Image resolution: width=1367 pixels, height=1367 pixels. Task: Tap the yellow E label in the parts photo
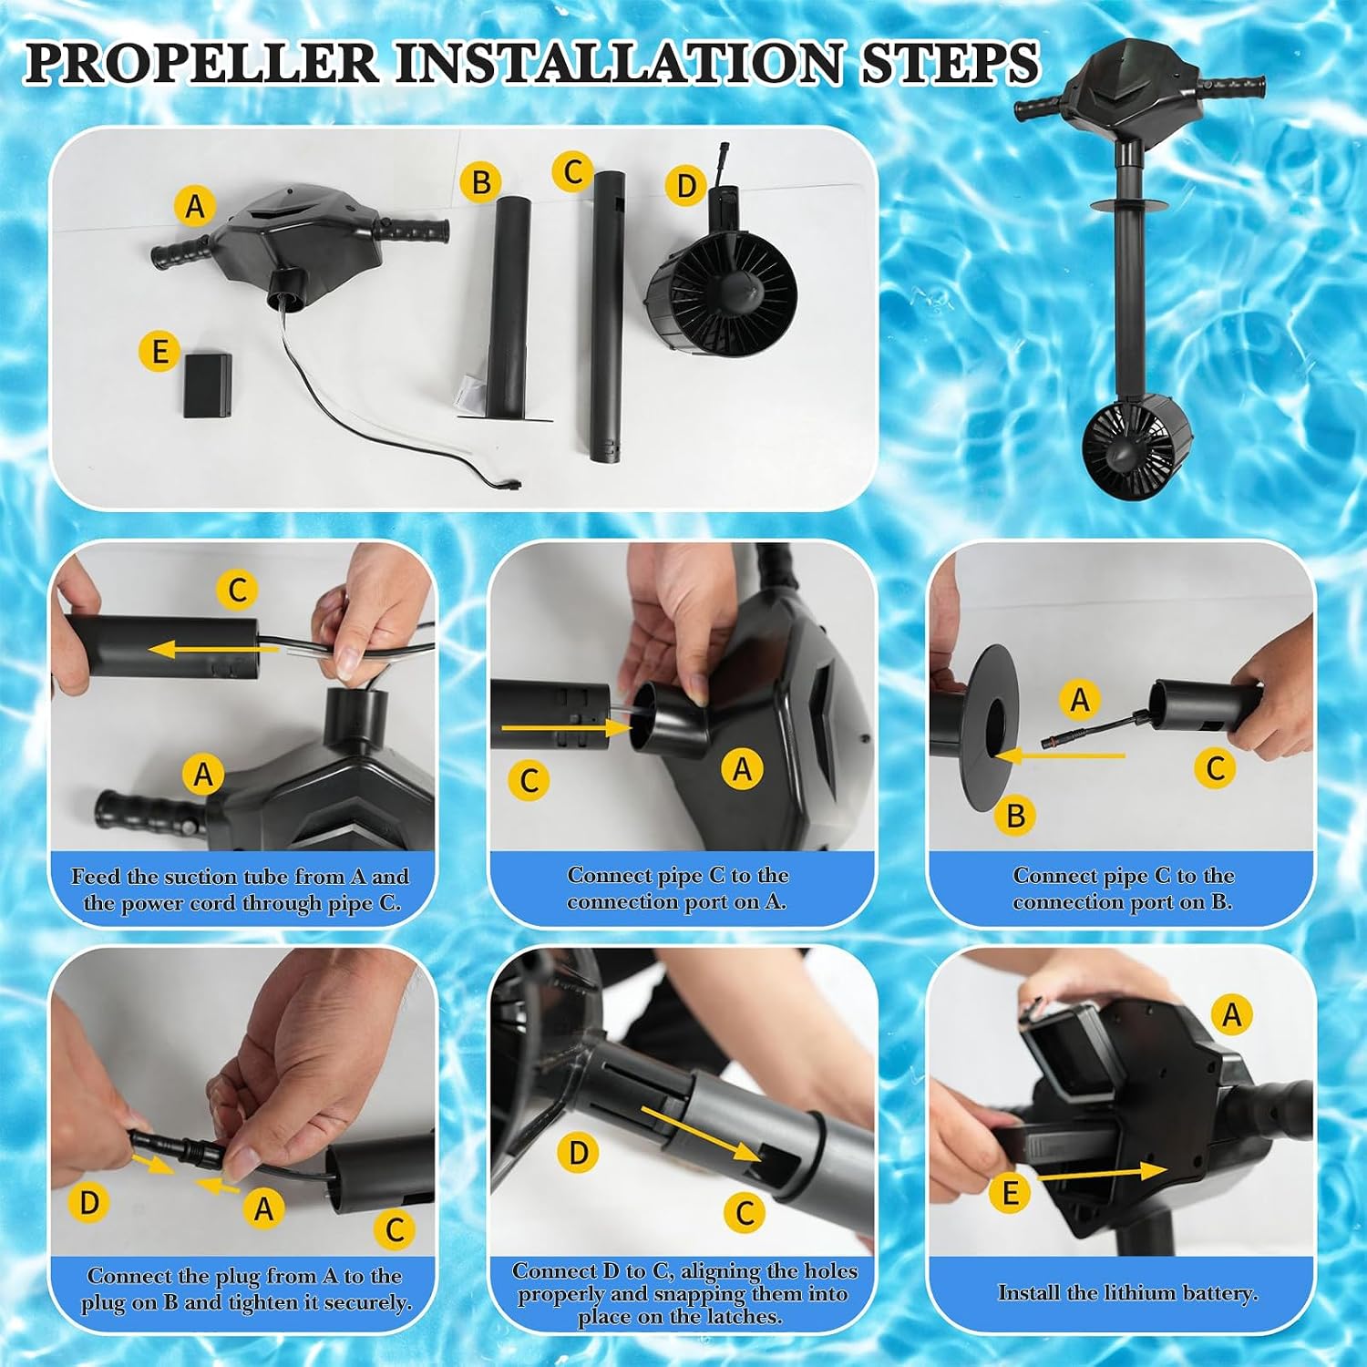(x=159, y=351)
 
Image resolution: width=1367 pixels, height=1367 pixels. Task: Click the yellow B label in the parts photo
(x=480, y=182)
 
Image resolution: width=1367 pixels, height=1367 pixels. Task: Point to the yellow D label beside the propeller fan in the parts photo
(x=685, y=187)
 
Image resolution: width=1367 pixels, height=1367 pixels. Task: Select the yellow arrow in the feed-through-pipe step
(x=213, y=650)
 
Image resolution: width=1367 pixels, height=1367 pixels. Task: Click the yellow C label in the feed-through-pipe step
(x=237, y=590)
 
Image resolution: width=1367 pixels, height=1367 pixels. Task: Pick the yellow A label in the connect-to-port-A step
(x=743, y=770)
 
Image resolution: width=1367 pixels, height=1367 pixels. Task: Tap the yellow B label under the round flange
(x=1015, y=815)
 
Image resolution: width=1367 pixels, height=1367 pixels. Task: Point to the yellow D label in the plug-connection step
(x=89, y=1203)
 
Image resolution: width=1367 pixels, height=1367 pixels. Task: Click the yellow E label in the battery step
(x=1011, y=1194)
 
